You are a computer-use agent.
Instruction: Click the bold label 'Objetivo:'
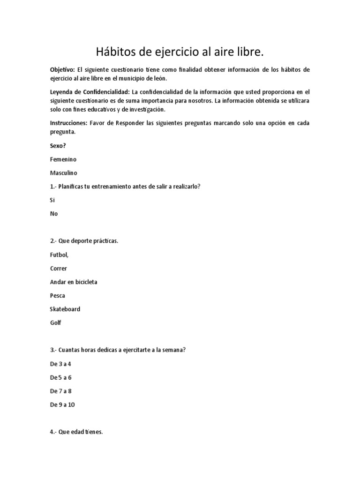pos(62,69)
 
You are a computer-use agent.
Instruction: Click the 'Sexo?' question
pos(58,146)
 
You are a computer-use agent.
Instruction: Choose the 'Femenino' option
pos(63,159)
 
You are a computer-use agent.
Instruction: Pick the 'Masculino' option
pos(63,173)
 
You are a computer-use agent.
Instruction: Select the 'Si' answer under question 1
pos(52,200)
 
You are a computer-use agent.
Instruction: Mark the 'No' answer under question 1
pos(54,213)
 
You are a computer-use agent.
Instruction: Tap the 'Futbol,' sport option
pos(59,255)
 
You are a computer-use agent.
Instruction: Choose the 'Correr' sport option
pos(59,269)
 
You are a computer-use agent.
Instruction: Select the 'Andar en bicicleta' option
pos(74,282)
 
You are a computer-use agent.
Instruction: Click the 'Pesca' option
pos(58,296)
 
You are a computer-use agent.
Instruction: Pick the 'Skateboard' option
pos(65,309)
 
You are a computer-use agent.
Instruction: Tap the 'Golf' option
pos(56,323)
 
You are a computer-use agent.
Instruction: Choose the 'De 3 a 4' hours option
pos(60,364)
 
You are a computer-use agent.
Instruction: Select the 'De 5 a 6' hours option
pos(60,377)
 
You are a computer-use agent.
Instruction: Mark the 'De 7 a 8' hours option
pos(60,391)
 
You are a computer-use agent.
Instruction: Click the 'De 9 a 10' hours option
pos(62,405)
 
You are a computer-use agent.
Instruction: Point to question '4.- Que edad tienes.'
pos(76,432)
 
